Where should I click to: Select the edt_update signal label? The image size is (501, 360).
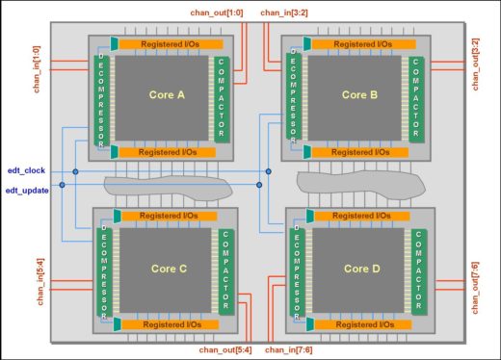tap(28, 190)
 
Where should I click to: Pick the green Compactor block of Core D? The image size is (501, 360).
tap(417, 272)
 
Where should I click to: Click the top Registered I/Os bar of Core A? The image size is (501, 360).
tap(171, 44)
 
